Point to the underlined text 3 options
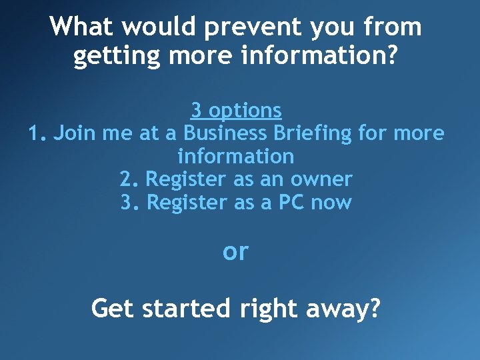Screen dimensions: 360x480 [236, 110]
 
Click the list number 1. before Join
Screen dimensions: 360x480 [37, 133]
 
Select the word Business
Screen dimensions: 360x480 [225, 133]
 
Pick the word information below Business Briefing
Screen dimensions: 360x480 [236, 157]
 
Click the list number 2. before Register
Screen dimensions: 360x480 [129, 179]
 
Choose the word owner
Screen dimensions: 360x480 [323, 179]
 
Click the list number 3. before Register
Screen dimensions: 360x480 [129, 202]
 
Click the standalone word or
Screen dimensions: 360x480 [235, 252]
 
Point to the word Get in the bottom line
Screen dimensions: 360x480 [111, 309]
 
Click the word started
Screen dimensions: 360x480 [181, 309]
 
